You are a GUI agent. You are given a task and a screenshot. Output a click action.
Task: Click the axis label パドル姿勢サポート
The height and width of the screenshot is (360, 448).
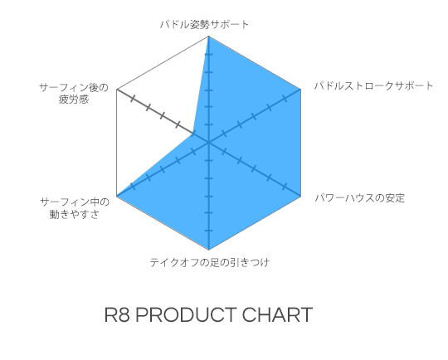click(x=204, y=25)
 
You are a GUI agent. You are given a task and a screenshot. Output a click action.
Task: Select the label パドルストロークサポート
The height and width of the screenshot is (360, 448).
click(x=373, y=85)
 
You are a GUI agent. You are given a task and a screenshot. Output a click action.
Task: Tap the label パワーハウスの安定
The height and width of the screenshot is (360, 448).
click(x=360, y=197)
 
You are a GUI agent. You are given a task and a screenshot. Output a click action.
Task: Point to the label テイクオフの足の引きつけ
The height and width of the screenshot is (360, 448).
click(x=209, y=262)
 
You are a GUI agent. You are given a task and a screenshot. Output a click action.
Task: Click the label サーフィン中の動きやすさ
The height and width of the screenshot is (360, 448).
click(x=75, y=208)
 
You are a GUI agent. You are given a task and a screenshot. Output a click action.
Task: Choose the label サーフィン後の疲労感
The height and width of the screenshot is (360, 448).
click(x=74, y=93)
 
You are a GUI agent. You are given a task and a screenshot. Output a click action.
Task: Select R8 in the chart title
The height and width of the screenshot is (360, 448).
click(x=117, y=315)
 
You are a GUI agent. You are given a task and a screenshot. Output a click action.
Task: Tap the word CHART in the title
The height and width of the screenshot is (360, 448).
click(x=277, y=315)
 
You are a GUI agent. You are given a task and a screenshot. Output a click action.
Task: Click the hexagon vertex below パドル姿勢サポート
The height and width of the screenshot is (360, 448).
click(x=209, y=36)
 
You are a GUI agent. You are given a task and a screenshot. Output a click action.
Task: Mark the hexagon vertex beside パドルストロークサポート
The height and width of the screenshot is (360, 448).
click(x=301, y=89)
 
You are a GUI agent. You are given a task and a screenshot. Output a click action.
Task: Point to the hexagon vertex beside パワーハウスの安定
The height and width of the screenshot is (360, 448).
click(x=301, y=196)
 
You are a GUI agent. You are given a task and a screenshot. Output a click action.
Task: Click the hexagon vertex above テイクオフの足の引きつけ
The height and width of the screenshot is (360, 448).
click(x=209, y=250)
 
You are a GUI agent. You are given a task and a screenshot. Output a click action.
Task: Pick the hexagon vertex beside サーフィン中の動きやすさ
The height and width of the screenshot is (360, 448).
click(x=117, y=196)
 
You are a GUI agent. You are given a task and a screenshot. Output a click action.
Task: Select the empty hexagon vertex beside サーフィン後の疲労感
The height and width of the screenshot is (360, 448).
click(x=117, y=89)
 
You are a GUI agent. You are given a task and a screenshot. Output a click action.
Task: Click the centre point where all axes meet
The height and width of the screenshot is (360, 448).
click(x=209, y=143)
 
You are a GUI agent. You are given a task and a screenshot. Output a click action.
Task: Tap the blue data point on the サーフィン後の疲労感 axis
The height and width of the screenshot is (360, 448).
click(x=193, y=134)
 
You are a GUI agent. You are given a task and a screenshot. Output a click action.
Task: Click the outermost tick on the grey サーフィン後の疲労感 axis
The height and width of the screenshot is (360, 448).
click(x=132, y=99)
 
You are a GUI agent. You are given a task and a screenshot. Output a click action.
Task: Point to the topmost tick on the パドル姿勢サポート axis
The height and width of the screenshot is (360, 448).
click(x=209, y=54)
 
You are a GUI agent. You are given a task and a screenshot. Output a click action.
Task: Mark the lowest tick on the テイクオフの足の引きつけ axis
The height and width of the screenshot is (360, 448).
click(x=209, y=231)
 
